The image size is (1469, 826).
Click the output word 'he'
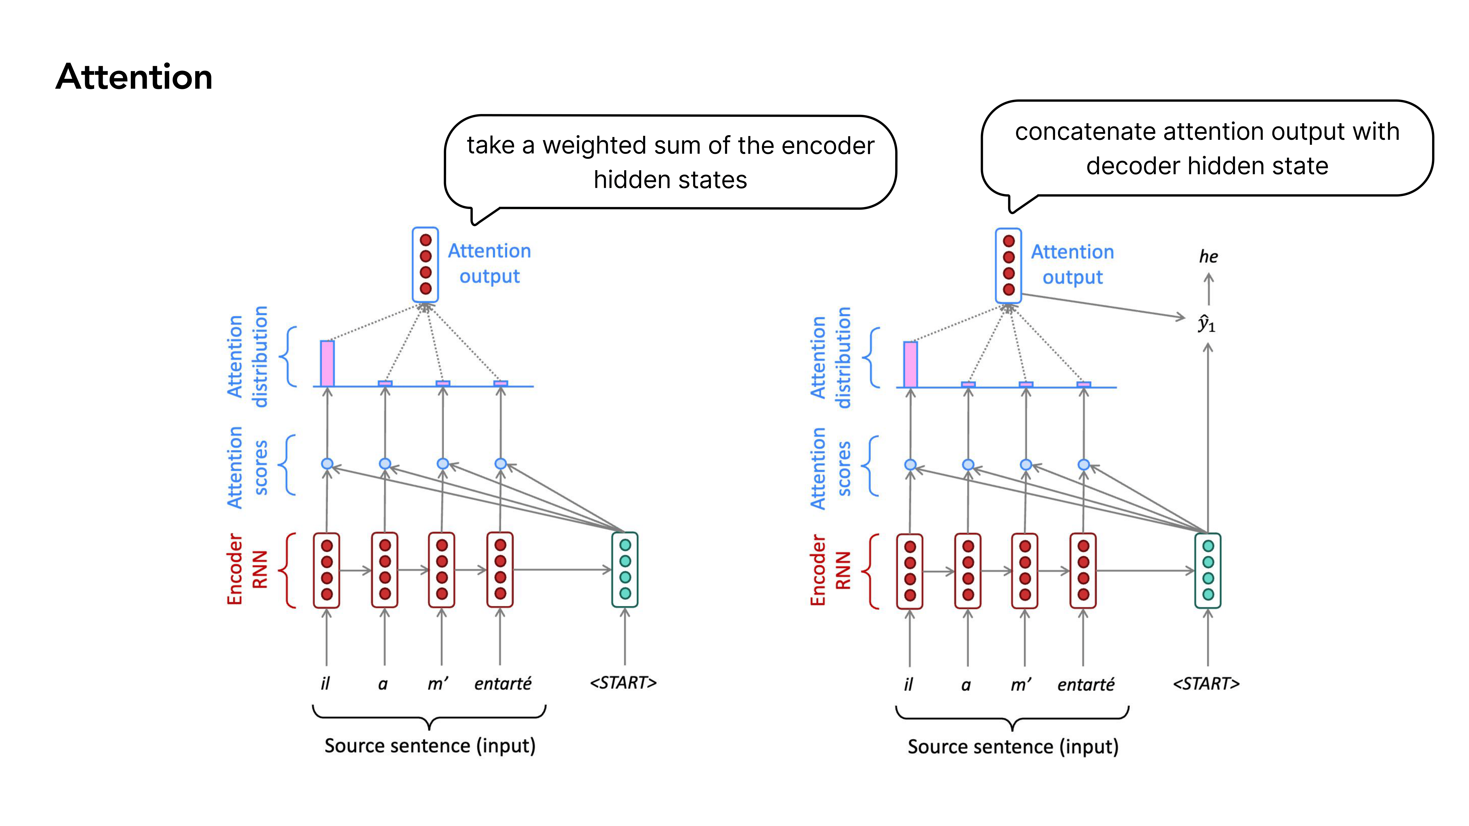pyautogui.click(x=1208, y=257)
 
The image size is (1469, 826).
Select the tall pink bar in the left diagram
pyautogui.click(x=327, y=363)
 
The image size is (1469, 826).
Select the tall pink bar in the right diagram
pyautogui.click(x=911, y=364)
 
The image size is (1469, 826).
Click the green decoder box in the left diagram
pyautogui.click(x=625, y=569)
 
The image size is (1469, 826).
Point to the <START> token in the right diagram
pyautogui.click(x=1206, y=683)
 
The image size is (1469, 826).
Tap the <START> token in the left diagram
pyautogui.click(x=623, y=682)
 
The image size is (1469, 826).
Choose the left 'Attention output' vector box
pyautogui.click(x=425, y=265)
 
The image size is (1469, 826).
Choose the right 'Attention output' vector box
pyautogui.click(x=1008, y=266)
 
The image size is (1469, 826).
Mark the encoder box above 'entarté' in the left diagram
pyautogui.click(x=500, y=569)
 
